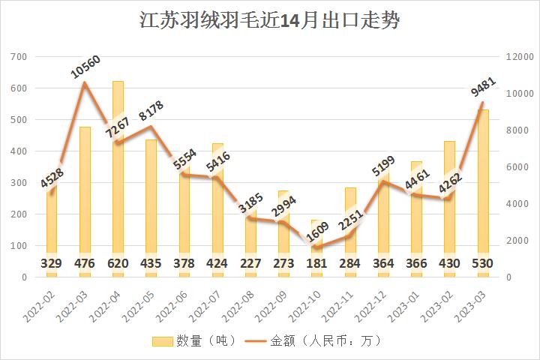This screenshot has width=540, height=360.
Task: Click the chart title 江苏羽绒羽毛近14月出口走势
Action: pos(270,20)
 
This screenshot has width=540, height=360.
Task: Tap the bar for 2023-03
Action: pos(482,187)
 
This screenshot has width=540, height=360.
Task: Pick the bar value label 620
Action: pos(118,264)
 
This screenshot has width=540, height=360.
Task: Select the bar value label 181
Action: pos(316,264)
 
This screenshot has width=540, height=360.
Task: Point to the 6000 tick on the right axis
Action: pos(517,167)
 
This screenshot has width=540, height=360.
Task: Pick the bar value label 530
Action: pos(482,264)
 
